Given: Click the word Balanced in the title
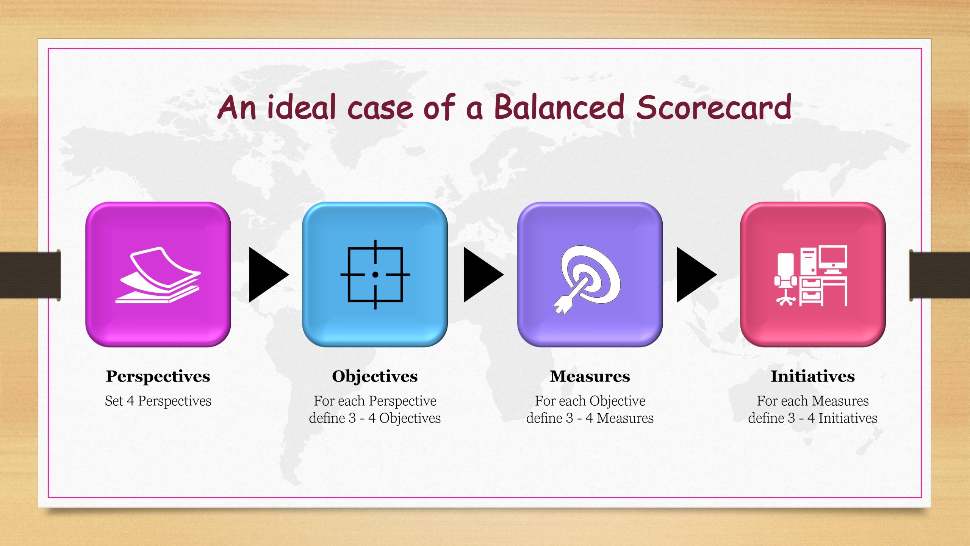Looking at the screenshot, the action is point(559,107).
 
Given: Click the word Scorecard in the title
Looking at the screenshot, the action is point(714,107).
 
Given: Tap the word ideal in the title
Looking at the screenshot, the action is point(302,107).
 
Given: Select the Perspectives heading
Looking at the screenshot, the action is point(158,377).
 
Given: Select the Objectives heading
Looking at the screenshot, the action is point(375,377).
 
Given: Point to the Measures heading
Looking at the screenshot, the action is point(590,377).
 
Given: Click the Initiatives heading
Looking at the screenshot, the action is point(813,377).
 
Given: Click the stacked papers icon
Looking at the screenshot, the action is point(158,275).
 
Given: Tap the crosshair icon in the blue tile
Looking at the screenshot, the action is point(375,275).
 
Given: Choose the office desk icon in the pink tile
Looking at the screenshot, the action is point(811,276).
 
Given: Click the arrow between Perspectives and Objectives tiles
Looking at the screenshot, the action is point(269,275).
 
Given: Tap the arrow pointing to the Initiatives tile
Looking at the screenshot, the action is point(696,275).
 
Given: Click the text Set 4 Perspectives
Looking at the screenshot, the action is point(158,401).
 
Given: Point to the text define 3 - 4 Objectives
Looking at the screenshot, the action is point(375,418).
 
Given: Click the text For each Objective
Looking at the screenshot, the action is point(590,401).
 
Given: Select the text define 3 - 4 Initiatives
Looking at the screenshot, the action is point(813,418).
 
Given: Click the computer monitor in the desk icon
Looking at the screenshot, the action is point(832,260).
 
